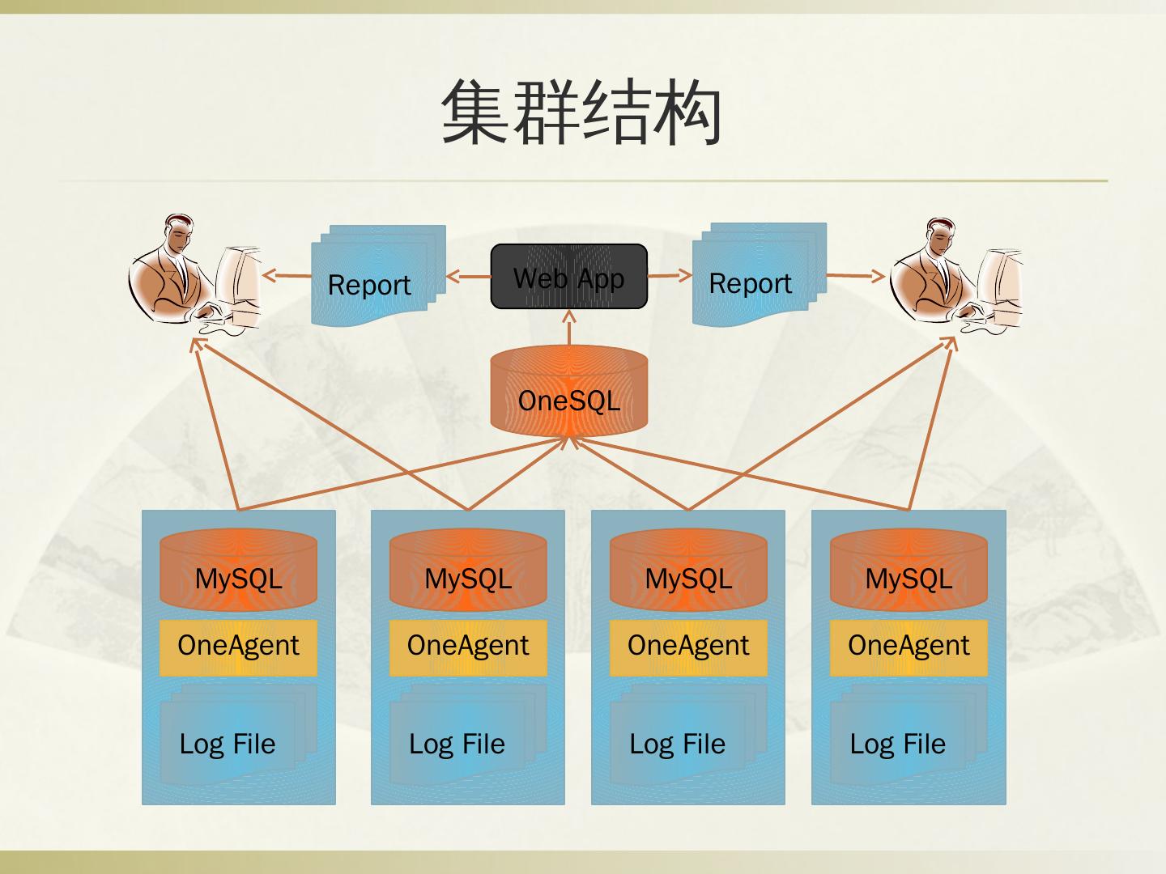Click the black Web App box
coord(569,276)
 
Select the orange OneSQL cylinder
coord(569,391)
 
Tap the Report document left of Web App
coord(378,275)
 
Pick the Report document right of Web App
coord(760,274)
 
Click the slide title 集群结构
coord(581,112)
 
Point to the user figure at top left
coord(195,274)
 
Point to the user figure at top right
coord(956,276)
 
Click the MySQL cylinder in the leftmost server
coord(239,570)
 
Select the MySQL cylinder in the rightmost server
coord(909,570)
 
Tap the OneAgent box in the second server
coord(468,647)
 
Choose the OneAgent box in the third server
coord(688,647)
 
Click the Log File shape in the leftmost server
coord(239,735)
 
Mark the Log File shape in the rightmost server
coord(909,735)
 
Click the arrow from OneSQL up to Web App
coord(569,328)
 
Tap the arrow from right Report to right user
coord(856,275)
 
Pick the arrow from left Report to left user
coord(287,275)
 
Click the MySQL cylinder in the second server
coord(468,570)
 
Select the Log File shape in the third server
coord(688,735)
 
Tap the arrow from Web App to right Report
coord(670,275)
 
